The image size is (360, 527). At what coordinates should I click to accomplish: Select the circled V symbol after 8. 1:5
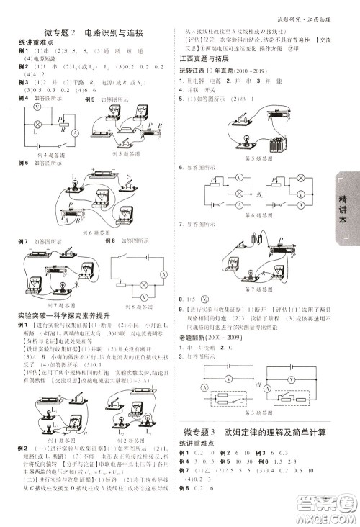[205, 297]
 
